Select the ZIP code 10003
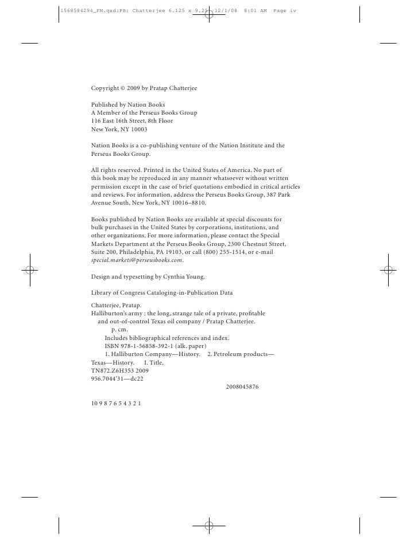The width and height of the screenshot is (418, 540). [x=138, y=130]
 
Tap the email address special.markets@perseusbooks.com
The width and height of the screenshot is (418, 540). [x=137, y=260]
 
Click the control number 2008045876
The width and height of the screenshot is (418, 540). [x=242, y=387]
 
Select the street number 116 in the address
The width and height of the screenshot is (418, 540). [x=96, y=121]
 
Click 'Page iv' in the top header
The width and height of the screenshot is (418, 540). [x=284, y=11]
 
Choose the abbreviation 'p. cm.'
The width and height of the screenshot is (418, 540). [x=119, y=330]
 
